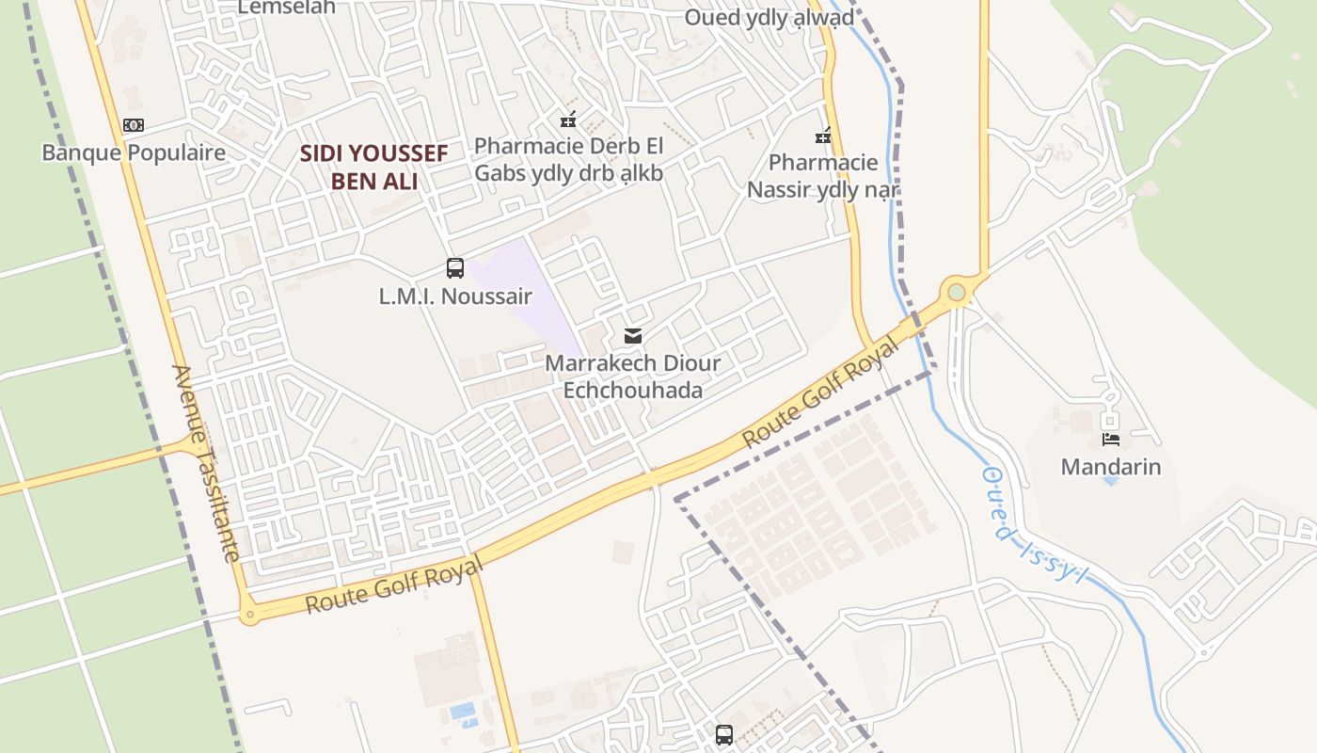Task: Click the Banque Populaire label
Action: click(x=134, y=152)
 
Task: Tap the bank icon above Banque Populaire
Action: click(x=134, y=125)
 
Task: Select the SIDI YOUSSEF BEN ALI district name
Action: click(x=373, y=167)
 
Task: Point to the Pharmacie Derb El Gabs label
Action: click(x=568, y=159)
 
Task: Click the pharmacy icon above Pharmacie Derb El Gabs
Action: click(x=568, y=120)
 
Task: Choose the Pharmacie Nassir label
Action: click(x=823, y=176)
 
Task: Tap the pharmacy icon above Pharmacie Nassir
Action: click(x=824, y=136)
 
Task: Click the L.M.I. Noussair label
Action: click(x=455, y=296)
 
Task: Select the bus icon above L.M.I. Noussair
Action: click(x=455, y=268)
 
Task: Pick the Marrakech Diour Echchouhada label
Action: click(x=633, y=376)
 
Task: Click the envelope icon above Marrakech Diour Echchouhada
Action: click(x=633, y=336)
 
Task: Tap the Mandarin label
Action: click(x=1111, y=467)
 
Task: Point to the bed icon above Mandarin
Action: click(x=1111, y=439)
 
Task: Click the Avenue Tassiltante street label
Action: click(x=206, y=463)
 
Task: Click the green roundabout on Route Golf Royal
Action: click(x=957, y=293)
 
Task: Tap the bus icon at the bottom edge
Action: click(x=724, y=735)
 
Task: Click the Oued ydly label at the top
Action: click(x=769, y=17)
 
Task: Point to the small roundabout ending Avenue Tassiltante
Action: click(x=249, y=617)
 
